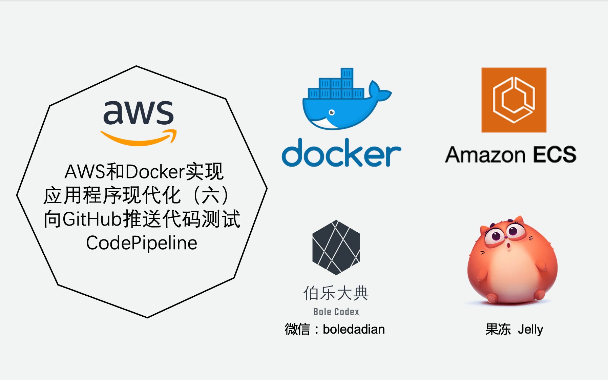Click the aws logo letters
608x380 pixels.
pos(138,113)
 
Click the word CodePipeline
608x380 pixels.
pos(142,243)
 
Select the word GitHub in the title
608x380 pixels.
pos(92,219)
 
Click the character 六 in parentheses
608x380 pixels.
pos(211,195)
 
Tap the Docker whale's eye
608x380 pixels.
pos(332,112)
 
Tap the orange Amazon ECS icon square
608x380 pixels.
pos(514,100)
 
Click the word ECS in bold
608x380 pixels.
pos(554,155)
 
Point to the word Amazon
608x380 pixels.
pos(485,155)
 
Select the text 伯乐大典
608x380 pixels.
pos(336,293)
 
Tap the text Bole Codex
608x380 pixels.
pos(336,312)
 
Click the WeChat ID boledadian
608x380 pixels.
pos(354,329)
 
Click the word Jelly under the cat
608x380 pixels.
pos(530,330)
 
